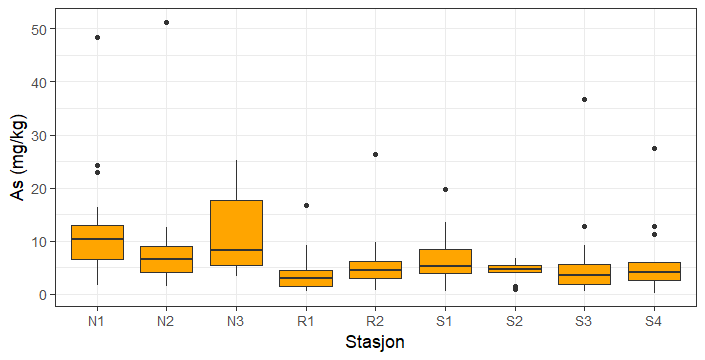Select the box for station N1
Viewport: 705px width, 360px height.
(97, 242)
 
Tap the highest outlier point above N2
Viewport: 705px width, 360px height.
(166, 22)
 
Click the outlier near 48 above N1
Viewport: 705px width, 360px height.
(97, 37)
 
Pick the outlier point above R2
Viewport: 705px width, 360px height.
(375, 154)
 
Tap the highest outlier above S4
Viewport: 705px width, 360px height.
(654, 148)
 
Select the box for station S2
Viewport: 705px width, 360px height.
(514, 268)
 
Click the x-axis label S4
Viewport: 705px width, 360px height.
(654, 320)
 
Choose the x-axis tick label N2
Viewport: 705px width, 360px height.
(166, 320)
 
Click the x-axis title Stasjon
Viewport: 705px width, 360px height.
(375, 343)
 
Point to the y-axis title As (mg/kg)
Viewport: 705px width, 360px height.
(17, 158)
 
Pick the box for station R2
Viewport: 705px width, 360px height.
(375, 269)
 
